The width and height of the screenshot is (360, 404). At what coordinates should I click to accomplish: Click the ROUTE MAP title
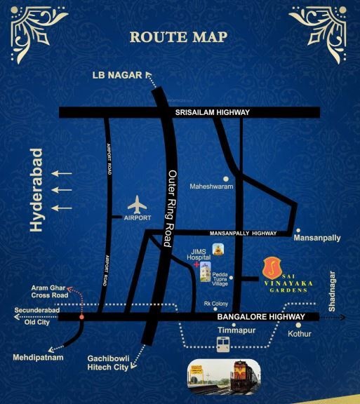pyautogui.click(x=180, y=36)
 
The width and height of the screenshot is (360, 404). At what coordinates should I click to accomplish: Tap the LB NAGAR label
pyautogui.click(x=116, y=75)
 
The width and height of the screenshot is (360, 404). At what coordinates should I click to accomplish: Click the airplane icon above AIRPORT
pyautogui.click(x=138, y=206)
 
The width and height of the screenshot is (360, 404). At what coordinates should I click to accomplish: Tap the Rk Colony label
pyautogui.click(x=215, y=304)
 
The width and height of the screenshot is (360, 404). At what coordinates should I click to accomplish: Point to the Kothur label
pyautogui.click(x=299, y=333)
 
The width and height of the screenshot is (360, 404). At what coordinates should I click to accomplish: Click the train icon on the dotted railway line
pyautogui.click(x=223, y=344)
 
